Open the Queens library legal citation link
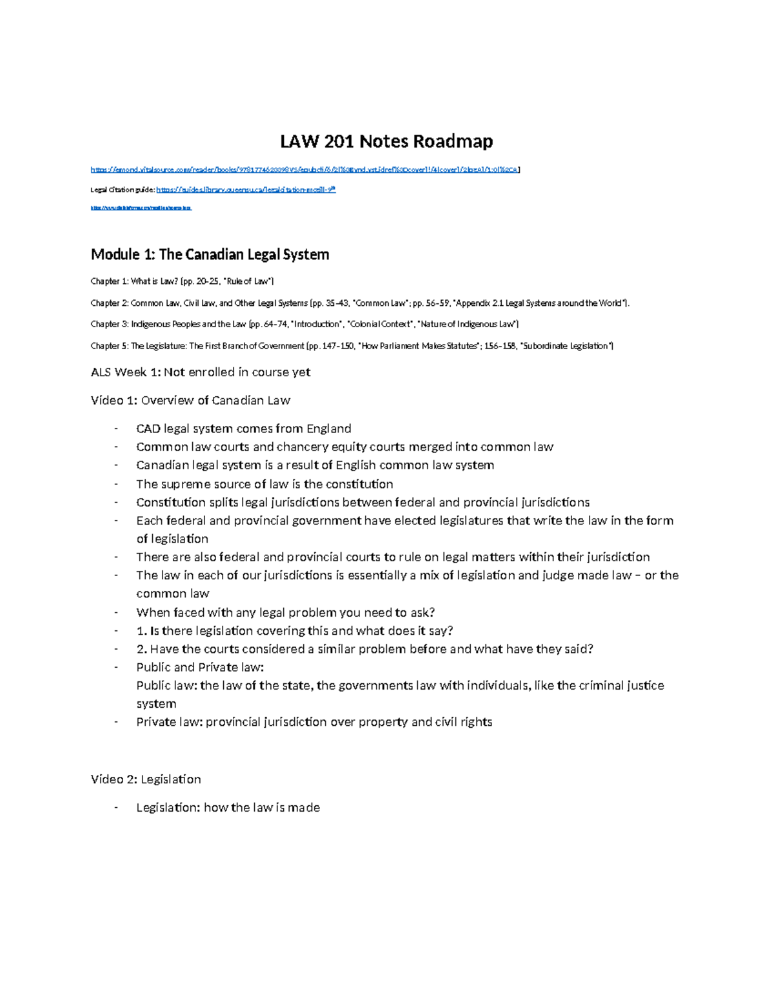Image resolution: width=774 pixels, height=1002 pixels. coord(246,190)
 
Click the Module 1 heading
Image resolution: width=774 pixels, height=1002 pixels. coord(210,254)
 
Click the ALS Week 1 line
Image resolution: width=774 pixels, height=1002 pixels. coord(200,372)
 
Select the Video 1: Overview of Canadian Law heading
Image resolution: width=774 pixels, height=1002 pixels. coord(190,400)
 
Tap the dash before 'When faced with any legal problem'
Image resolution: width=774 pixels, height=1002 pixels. coord(116,612)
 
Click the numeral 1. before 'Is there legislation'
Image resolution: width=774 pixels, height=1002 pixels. coord(141,630)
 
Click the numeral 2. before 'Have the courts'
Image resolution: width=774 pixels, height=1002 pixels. coord(141,649)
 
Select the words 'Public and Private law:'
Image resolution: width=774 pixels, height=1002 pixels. coord(200,667)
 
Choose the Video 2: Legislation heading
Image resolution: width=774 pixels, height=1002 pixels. coord(146,779)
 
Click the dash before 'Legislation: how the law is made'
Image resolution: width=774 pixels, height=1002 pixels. coord(116,808)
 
